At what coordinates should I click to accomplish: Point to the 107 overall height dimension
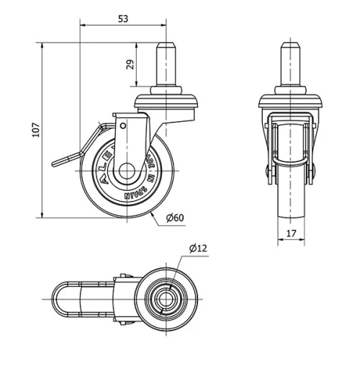[x=35, y=130]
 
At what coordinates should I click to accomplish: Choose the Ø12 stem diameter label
[x=199, y=249]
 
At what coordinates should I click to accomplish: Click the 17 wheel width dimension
[x=291, y=233]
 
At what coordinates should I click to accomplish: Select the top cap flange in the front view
[x=291, y=98]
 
